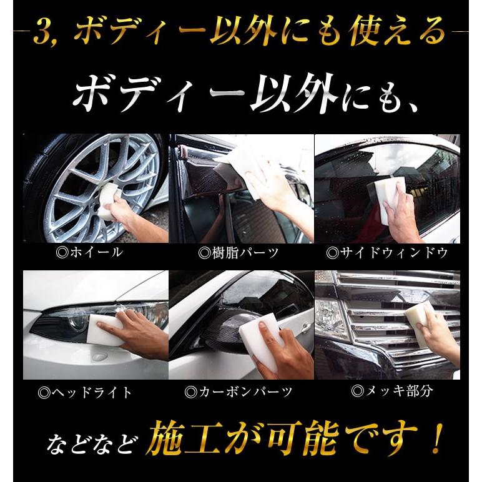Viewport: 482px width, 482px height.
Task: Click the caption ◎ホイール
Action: (x=90, y=252)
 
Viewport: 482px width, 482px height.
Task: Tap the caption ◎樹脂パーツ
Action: (x=239, y=253)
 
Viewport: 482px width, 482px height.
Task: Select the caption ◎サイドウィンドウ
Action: (x=387, y=253)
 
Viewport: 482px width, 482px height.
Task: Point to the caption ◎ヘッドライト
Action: (x=85, y=393)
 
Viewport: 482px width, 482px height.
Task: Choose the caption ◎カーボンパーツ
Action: (x=239, y=392)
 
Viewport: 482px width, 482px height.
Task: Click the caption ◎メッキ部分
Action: (x=392, y=391)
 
